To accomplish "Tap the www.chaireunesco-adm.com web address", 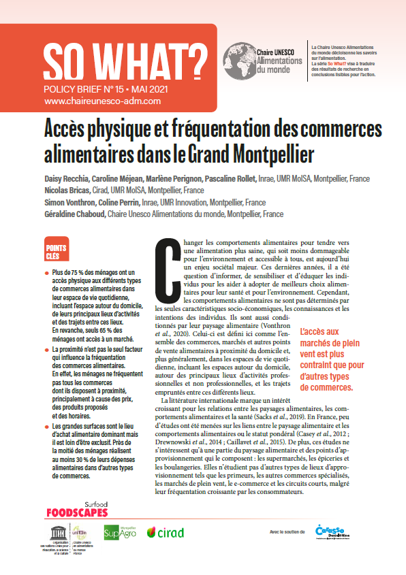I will click(x=102, y=101).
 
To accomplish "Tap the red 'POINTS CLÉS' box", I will click(x=54, y=252).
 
